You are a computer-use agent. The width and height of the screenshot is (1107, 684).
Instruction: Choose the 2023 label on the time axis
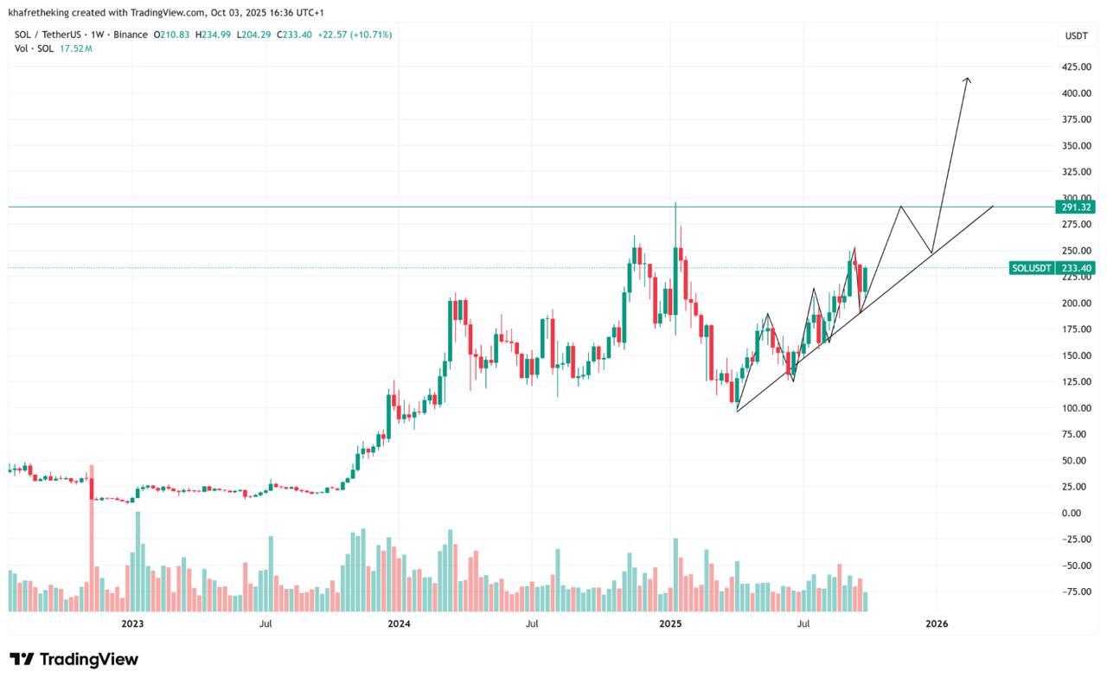(132, 623)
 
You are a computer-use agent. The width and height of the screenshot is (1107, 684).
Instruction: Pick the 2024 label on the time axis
(399, 623)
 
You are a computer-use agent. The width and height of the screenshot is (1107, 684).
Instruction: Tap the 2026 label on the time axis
(937, 623)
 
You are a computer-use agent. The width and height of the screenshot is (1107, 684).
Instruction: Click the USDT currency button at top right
(1076, 35)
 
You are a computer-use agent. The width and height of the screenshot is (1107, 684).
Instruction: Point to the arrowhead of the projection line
(967, 80)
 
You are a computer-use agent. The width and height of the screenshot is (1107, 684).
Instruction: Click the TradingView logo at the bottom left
(74, 659)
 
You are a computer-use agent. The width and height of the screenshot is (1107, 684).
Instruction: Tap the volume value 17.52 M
(76, 48)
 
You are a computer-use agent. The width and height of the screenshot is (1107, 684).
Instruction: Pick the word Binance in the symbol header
(131, 35)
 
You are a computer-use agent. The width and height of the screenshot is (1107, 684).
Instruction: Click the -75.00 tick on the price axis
(1075, 591)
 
